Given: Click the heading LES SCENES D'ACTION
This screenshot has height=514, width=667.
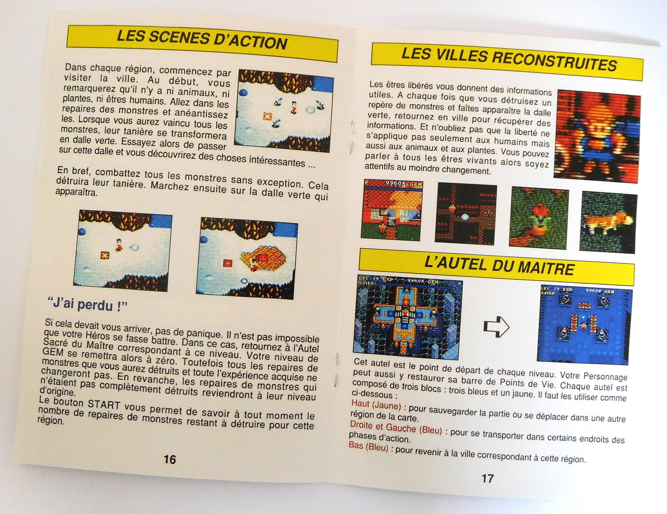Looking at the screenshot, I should click(x=202, y=39).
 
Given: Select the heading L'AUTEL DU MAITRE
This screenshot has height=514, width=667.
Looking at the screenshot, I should click(x=499, y=265).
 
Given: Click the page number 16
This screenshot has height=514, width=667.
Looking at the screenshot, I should click(x=170, y=459).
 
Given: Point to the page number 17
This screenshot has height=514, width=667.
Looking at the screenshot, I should click(x=488, y=478).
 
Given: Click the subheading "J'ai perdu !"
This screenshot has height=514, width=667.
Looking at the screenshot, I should click(x=88, y=305).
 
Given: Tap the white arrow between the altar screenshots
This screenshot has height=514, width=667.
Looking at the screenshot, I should click(x=497, y=326).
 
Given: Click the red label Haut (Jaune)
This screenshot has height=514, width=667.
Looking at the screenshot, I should click(x=376, y=405).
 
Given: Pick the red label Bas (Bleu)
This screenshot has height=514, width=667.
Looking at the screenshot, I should click(x=368, y=447).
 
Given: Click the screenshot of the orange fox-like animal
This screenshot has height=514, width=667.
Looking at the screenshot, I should click(x=608, y=223).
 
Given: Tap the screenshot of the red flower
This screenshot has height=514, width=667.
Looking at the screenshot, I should click(x=539, y=218).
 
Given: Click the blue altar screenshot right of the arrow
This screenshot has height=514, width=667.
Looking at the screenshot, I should click(x=584, y=324).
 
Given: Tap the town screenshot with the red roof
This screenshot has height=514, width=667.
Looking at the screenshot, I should click(x=392, y=210).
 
